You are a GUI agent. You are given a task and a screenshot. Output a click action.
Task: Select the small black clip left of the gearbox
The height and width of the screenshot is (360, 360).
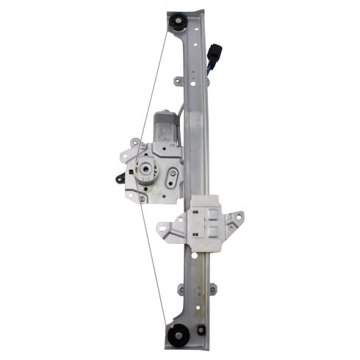pos(118,177)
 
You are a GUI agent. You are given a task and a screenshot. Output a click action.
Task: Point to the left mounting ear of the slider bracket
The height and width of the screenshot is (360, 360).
pos(168,230)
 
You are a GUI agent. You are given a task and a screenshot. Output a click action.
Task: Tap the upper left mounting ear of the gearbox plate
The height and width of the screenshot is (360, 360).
pos(134,143)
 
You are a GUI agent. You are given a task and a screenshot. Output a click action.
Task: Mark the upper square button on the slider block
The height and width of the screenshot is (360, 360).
pos(208,215)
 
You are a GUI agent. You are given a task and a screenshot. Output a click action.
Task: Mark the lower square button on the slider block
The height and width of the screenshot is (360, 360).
pos(208,233)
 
